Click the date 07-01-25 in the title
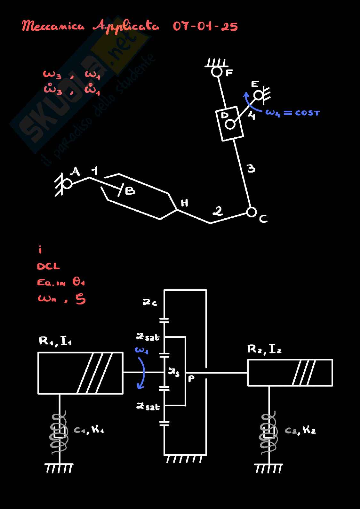tap(205, 26)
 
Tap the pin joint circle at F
tap(217, 72)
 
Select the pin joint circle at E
tap(258, 95)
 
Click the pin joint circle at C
tap(252, 212)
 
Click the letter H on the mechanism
tap(185, 203)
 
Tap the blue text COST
tap(307, 113)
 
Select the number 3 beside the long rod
tap(251, 168)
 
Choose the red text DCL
tap(48, 266)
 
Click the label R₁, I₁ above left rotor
tap(55, 341)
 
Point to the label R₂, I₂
tap(264, 349)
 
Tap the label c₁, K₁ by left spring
tap(89, 430)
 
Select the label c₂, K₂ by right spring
tap(300, 430)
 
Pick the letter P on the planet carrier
tap(191, 379)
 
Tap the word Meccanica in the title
tap(53, 26)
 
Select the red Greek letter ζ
tap(81, 299)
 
